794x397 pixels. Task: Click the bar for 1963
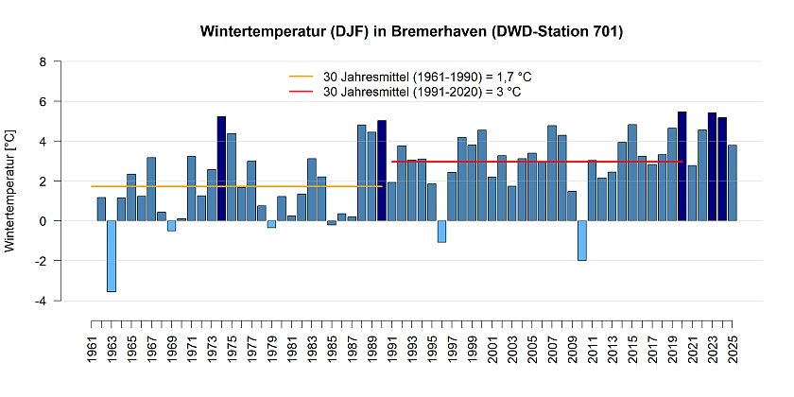[x=112, y=256]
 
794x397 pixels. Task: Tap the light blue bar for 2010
[x=582, y=240]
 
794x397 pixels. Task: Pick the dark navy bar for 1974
[x=221, y=168]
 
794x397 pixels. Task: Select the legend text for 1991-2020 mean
[x=422, y=92]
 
